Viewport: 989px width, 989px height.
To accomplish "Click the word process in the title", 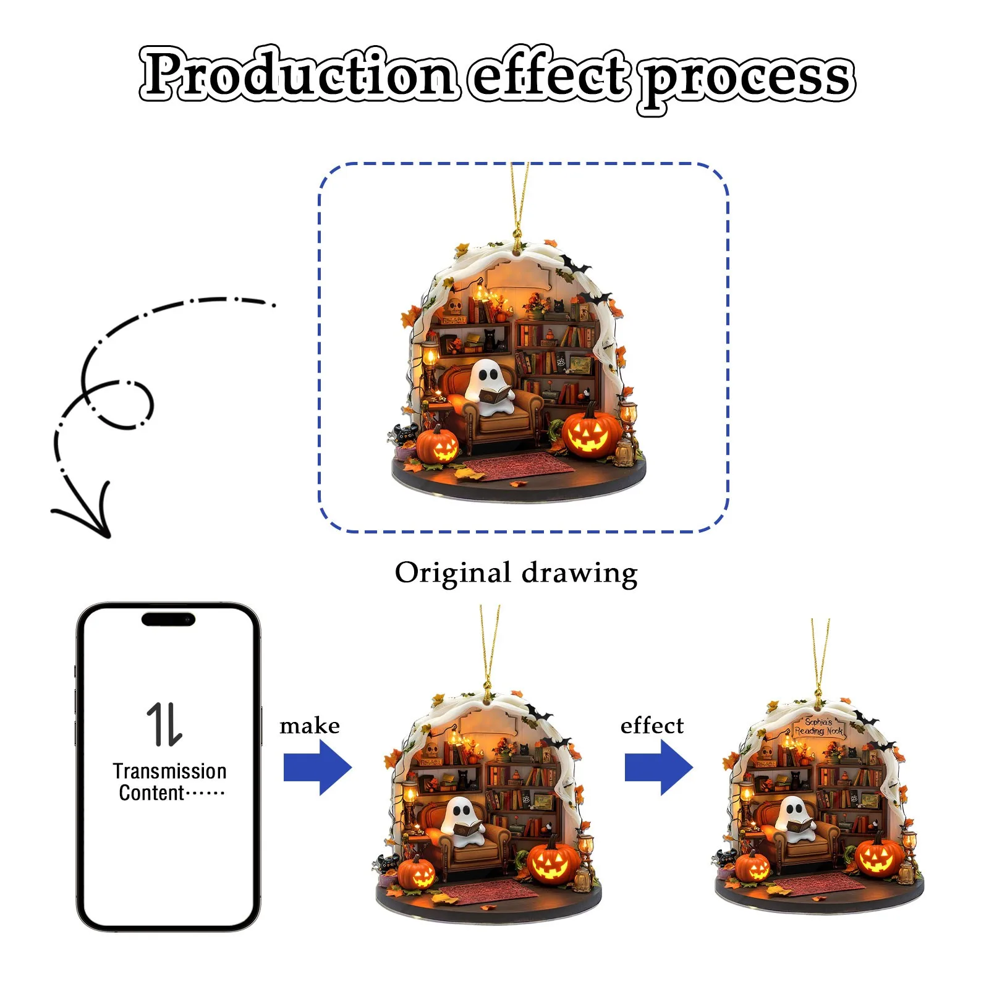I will [x=748, y=77].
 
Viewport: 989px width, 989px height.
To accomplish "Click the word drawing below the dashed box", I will [x=579, y=574].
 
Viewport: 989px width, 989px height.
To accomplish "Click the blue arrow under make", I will [x=317, y=768].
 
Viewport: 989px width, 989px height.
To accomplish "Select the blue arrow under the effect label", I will [x=658, y=768].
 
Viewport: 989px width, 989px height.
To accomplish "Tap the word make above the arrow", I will [x=309, y=725].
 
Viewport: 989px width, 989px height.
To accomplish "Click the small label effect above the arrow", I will [x=652, y=725].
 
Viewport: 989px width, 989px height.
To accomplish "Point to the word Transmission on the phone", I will [x=169, y=771].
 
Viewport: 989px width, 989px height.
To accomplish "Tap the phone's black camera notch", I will [x=168, y=619].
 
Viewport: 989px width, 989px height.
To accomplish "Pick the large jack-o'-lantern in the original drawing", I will [x=590, y=433].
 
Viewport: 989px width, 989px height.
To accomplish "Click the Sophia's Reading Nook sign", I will [x=818, y=726].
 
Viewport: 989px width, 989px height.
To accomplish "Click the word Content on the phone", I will [x=151, y=793].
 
